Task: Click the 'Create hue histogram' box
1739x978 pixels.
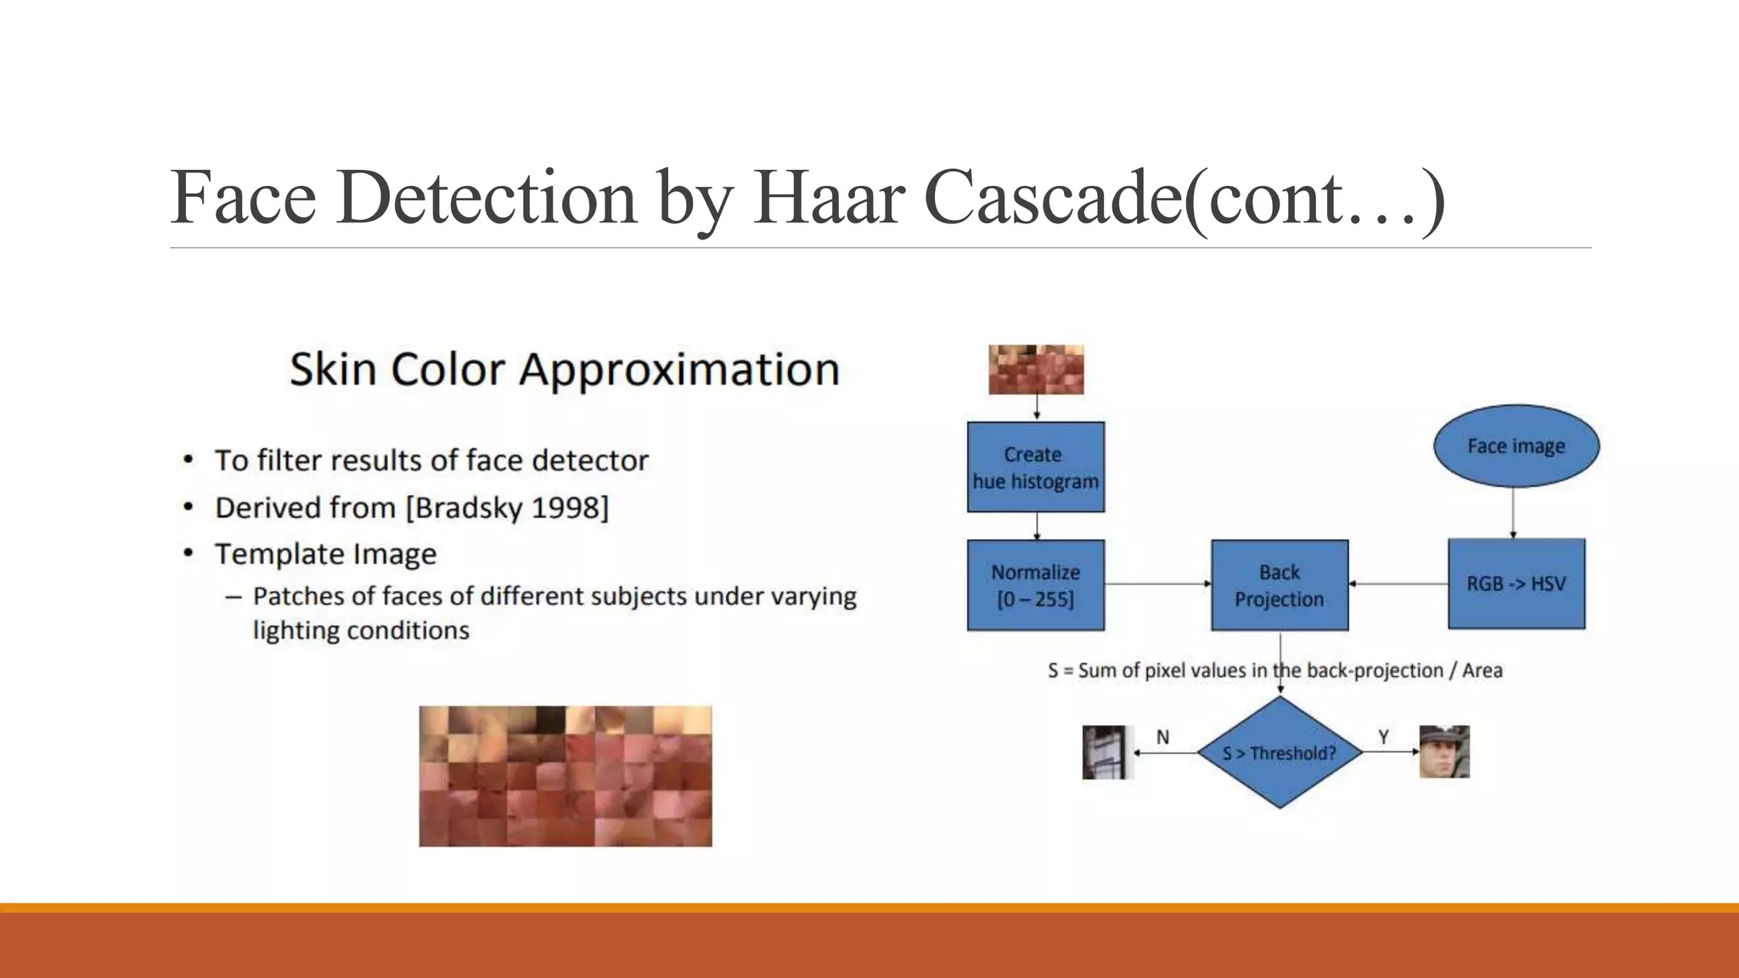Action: (1035, 467)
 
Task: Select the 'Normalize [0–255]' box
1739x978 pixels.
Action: (1035, 585)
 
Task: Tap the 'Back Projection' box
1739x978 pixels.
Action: (1279, 585)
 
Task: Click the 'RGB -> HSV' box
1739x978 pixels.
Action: (1516, 583)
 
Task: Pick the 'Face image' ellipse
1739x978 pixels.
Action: (1516, 446)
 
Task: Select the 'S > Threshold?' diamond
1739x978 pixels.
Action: (1279, 752)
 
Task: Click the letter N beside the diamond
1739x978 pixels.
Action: (1162, 737)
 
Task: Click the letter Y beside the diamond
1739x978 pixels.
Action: (1383, 737)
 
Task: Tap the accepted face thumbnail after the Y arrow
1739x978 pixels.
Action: (1444, 751)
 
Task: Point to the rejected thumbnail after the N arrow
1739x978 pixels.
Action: (1107, 751)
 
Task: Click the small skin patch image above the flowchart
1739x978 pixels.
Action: (1036, 369)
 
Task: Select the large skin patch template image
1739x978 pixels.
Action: (566, 776)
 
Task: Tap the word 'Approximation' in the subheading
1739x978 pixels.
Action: (679, 370)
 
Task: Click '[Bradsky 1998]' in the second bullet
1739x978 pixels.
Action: (507, 508)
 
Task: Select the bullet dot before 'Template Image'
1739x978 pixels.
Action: (189, 554)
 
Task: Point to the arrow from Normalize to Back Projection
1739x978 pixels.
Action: (1157, 584)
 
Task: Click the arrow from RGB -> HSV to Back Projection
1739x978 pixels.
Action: (1398, 584)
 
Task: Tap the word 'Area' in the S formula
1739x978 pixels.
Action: (1482, 671)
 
